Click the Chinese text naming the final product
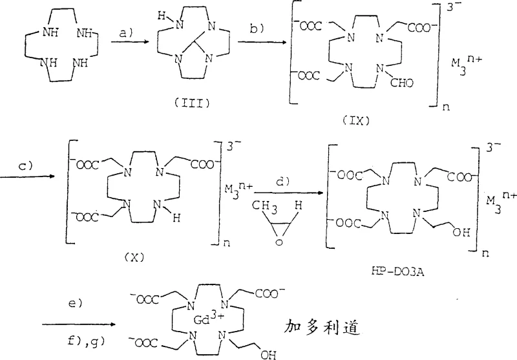click(321, 328)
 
